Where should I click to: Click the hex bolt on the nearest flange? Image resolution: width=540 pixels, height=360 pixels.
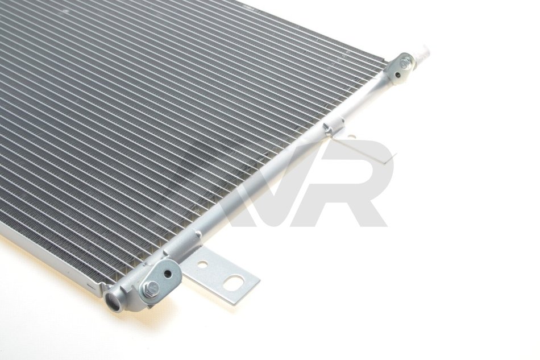[x=151, y=287]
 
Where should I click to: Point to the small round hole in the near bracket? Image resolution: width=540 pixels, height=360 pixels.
[x=203, y=264]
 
